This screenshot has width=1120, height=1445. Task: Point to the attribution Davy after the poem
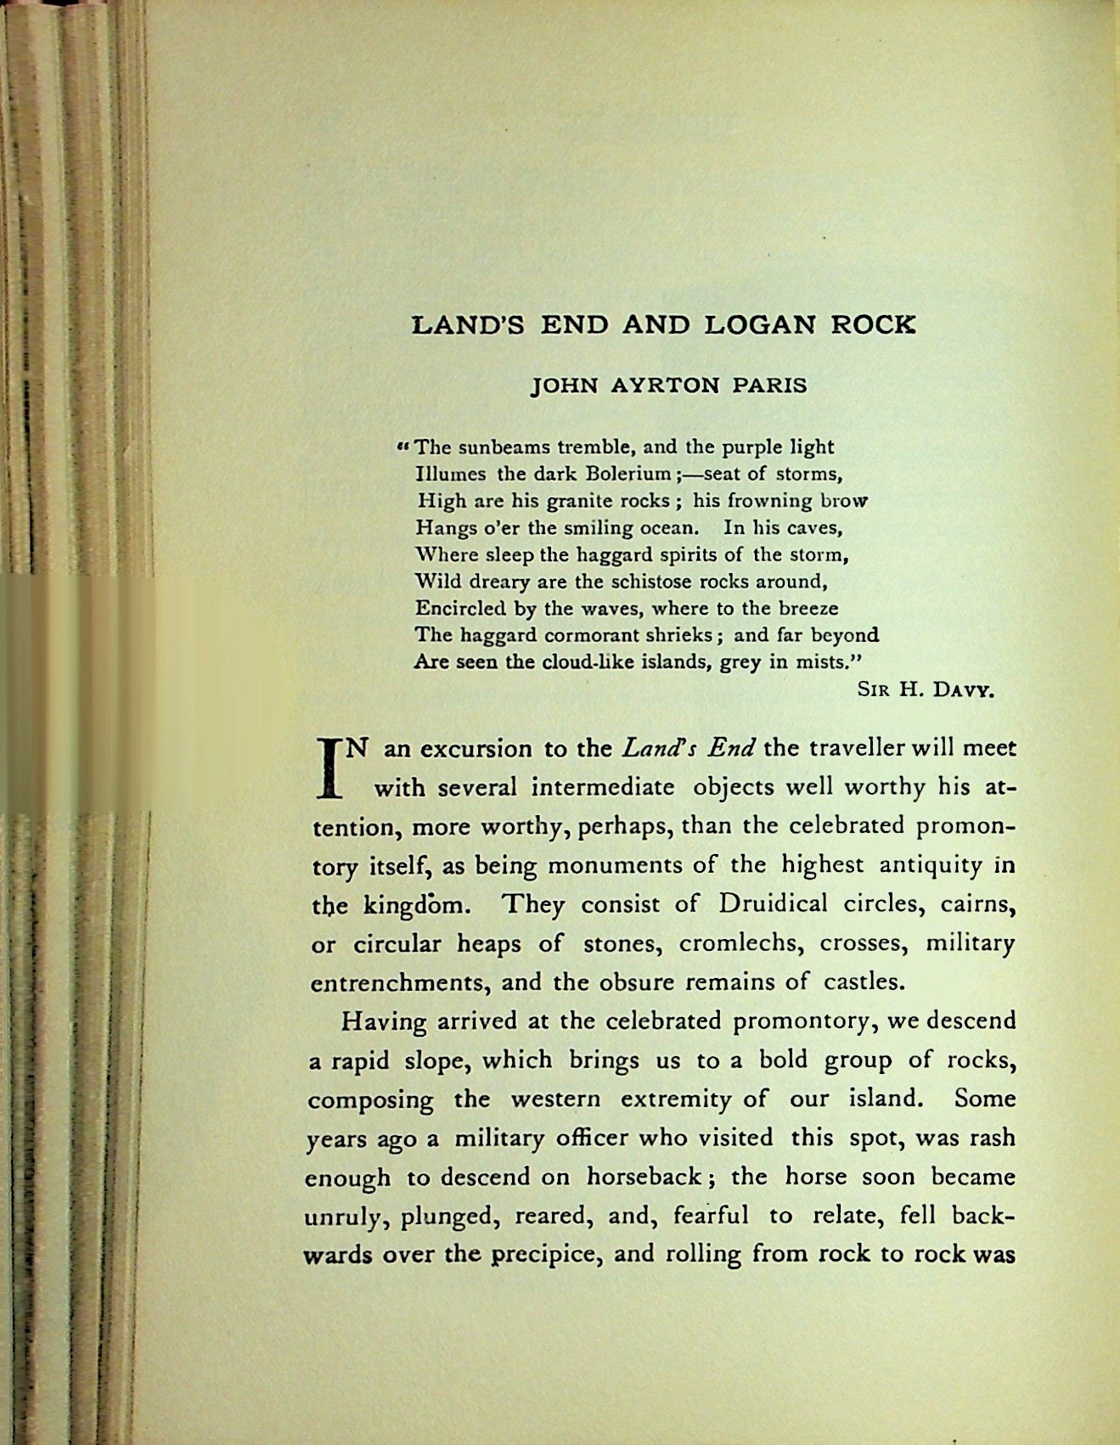[x=963, y=689]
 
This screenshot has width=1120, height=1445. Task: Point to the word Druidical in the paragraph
[x=772, y=903]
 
